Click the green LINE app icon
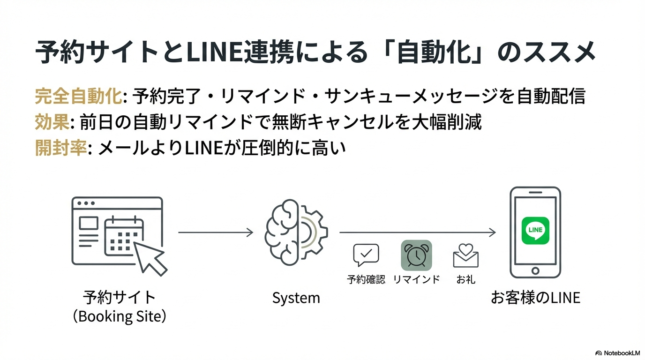[x=535, y=230]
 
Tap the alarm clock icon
[x=416, y=255]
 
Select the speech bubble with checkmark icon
[x=366, y=255]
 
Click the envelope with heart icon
[x=465, y=255]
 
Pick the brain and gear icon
[x=296, y=232]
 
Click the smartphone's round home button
[x=535, y=271]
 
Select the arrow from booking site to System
[x=216, y=232]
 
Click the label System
[x=296, y=298]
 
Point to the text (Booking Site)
[x=120, y=316]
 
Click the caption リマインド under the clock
[x=416, y=280]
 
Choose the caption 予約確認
[x=366, y=280]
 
